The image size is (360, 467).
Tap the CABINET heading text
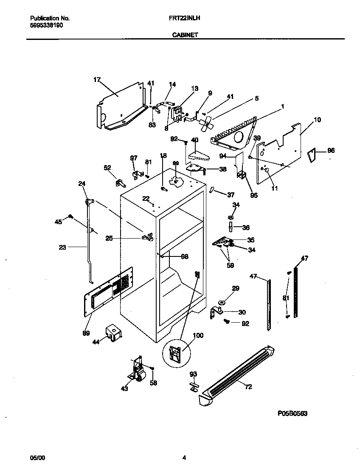[x=184, y=36]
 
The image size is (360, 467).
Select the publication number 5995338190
[x=47, y=25]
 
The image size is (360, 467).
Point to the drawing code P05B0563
[x=292, y=413]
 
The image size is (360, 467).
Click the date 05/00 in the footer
[x=37, y=458]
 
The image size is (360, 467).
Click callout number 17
[x=97, y=79]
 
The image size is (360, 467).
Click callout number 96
[x=330, y=150]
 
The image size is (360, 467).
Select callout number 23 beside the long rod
[x=62, y=248]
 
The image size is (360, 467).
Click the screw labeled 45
[x=71, y=217]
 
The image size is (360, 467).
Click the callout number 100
[x=197, y=335]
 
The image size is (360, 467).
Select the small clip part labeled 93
[x=194, y=386]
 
